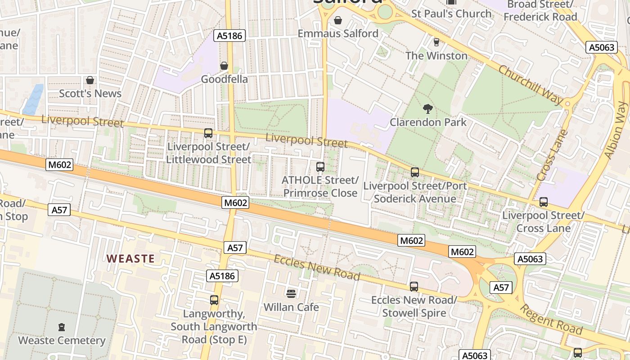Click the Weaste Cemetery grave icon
coord(62,327)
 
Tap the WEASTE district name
coord(130,259)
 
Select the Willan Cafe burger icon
coord(291,294)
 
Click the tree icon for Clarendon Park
coord(428,108)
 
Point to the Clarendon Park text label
coord(428,122)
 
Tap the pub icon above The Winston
coord(436,42)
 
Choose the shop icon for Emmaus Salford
coord(338,20)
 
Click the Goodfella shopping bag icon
coord(224,66)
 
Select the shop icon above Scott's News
coord(90,80)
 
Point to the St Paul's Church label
coord(451,13)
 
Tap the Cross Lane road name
coord(553,155)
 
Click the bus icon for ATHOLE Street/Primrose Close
coord(320,167)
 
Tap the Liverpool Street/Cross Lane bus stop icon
coord(544,202)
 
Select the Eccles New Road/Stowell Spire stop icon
coord(414,287)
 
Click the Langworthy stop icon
coord(214,300)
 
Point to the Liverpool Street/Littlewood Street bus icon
coord(208,133)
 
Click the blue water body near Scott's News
coord(33,99)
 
